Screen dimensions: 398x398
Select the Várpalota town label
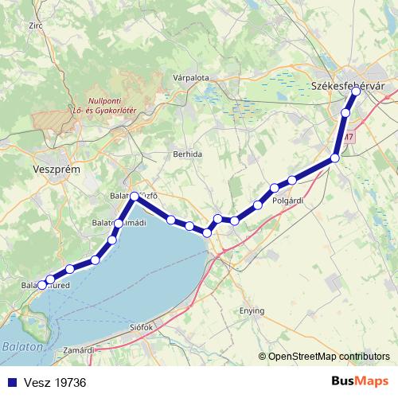coord(189,78)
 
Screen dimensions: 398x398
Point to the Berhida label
coord(188,154)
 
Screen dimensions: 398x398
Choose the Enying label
coord(252,310)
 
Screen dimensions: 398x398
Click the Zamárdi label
coord(79,349)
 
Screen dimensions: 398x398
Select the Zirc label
coord(34,25)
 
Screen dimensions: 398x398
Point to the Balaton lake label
coord(19,347)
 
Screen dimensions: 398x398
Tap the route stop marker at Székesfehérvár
coord(356,92)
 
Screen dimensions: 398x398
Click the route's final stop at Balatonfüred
coord(41,284)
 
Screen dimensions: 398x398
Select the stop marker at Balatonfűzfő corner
coord(135,196)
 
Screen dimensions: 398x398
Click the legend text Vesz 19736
coord(55,383)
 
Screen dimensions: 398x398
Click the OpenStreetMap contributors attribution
coord(323,357)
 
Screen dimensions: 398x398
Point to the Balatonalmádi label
coord(119,222)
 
